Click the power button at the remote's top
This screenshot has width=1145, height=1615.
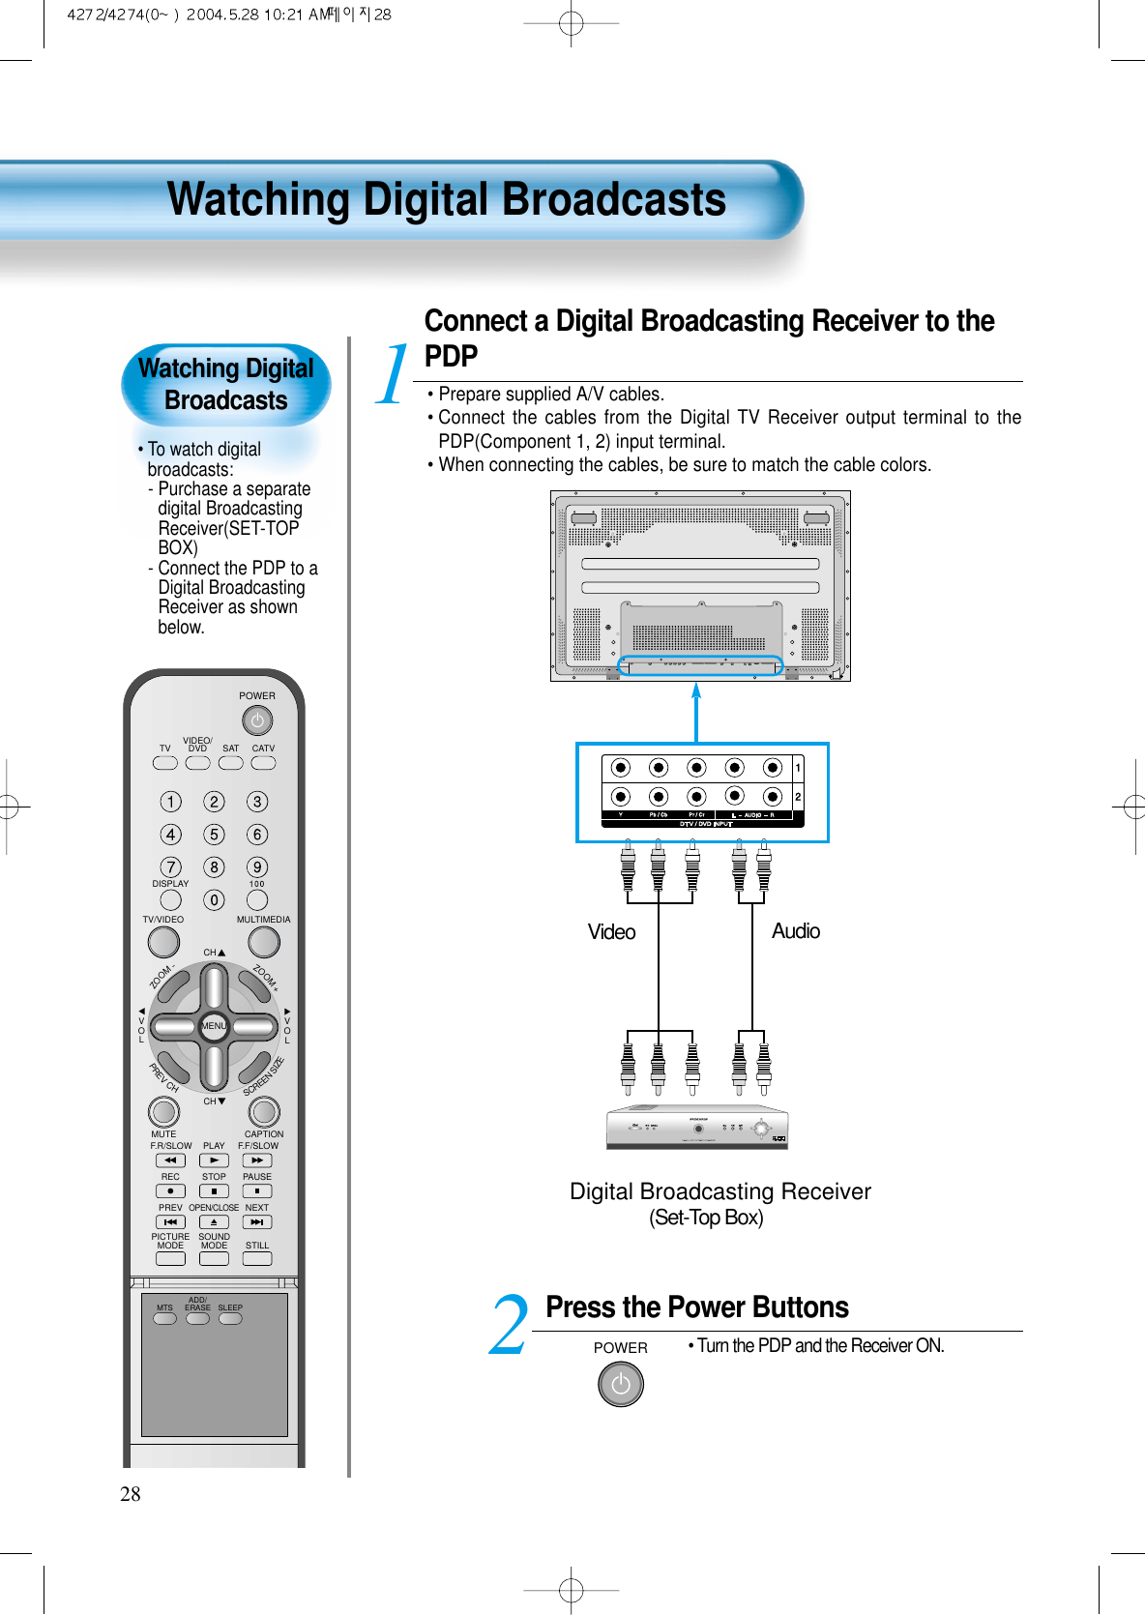click(x=257, y=720)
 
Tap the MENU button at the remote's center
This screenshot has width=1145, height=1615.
click(x=214, y=1026)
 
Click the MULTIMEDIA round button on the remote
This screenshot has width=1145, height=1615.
click(x=264, y=941)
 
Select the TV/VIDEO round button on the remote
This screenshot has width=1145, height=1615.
click(x=163, y=941)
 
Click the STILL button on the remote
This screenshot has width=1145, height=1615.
click(x=257, y=1259)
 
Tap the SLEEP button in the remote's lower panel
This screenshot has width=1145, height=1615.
click(x=230, y=1318)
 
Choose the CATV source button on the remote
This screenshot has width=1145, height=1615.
click(x=263, y=763)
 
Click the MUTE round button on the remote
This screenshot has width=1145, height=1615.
click(x=163, y=1111)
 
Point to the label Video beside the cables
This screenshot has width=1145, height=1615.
click(x=611, y=932)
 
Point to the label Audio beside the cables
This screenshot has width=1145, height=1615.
click(x=795, y=931)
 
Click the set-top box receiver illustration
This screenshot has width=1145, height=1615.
click(x=697, y=1127)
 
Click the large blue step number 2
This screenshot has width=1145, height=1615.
click(x=509, y=1325)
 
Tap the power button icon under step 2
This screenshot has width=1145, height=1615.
click(x=621, y=1384)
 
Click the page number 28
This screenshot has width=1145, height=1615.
click(x=131, y=1494)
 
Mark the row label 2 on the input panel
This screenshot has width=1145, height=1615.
click(x=798, y=797)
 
